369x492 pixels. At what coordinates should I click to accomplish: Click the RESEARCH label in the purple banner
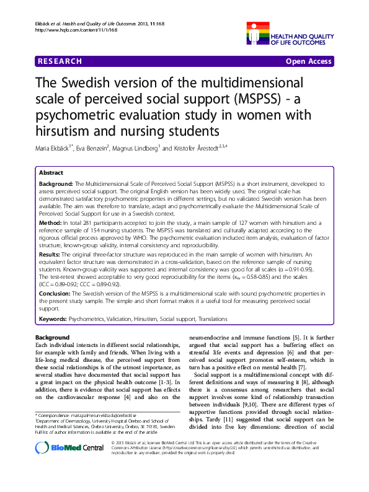(x=60, y=61)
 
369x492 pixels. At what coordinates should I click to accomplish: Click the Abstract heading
(x=51, y=172)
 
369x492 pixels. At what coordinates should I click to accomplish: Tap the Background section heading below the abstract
(x=53, y=336)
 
